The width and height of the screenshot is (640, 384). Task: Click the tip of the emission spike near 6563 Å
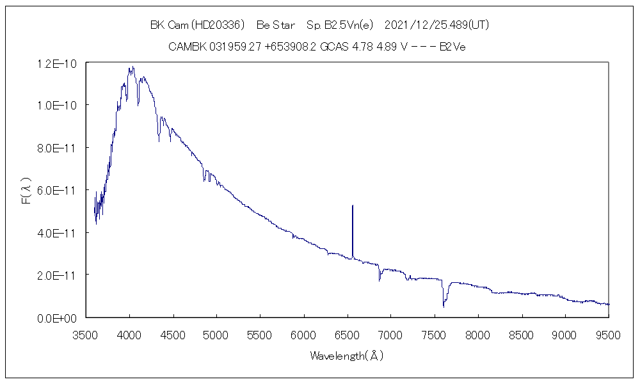(x=353, y=206)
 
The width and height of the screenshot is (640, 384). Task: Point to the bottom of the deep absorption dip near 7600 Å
(x=444, y=307)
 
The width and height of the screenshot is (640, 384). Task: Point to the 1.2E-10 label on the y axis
(x=57, y=63)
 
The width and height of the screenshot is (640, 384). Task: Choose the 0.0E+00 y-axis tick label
(x=57, y=317)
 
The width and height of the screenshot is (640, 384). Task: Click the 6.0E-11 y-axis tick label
(x=57, y=190)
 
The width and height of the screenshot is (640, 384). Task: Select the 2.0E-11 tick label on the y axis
(x=57, y=275)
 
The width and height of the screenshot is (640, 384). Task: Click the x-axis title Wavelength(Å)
(x=347, y=355)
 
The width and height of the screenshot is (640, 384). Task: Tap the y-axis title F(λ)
(x=26, y=191)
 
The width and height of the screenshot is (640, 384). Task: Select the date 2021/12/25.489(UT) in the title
(x=438, y=25)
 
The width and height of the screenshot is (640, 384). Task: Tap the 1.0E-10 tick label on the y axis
(x=57, y=105)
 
